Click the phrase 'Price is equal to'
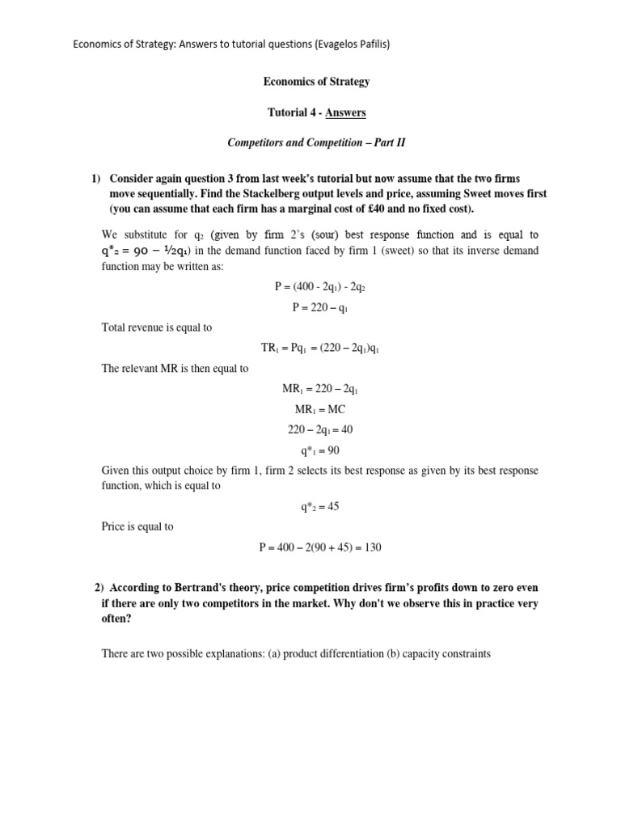pyautogui.click(x=137, y=527)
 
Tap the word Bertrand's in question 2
pyautogui.click(x=196, y=588)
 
